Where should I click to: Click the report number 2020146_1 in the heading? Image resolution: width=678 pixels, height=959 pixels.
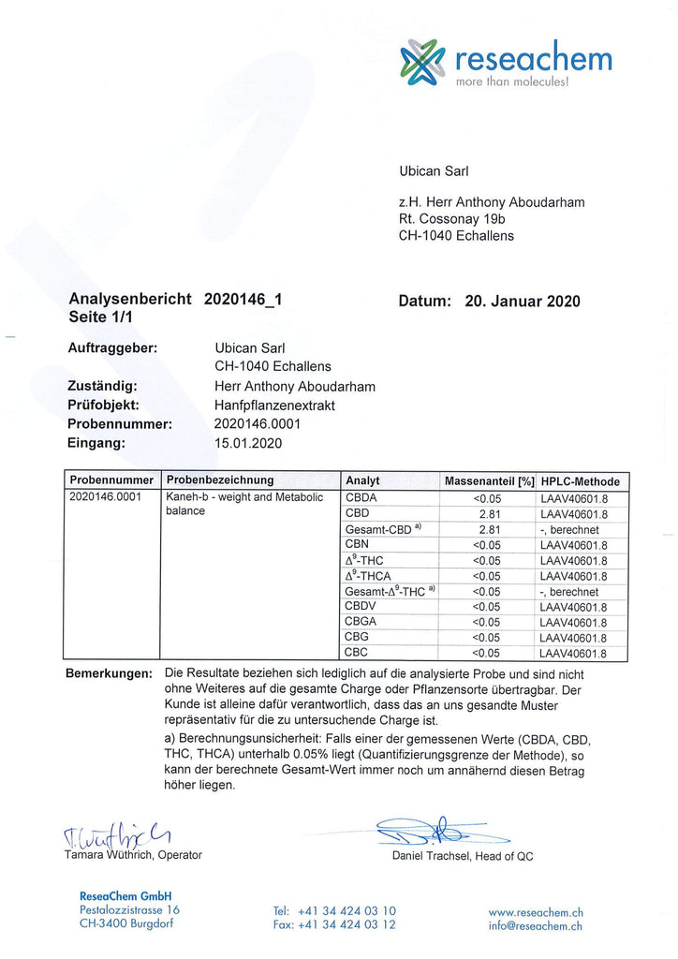tap(243, 301)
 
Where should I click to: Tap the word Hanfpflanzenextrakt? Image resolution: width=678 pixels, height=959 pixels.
tap(274, 405)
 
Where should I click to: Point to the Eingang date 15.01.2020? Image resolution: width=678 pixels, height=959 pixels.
tap(248, 443)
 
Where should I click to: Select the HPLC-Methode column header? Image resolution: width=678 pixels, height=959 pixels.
tap(580, 481)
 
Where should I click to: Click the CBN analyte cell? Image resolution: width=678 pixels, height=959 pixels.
tap(357, 543)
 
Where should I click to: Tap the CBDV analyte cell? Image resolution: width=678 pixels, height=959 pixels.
tap(360, 606)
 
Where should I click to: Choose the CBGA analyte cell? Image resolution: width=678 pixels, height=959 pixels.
tap(361, 621)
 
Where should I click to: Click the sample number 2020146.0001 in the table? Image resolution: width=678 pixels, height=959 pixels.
tap(105, 497)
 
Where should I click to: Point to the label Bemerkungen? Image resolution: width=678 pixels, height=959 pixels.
tap(109, 674)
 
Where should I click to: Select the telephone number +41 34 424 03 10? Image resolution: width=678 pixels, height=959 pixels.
tap(334, 910)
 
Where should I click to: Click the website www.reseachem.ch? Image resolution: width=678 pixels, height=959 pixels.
tap(536, 911)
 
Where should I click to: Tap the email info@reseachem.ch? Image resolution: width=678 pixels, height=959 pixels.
tap(535, 925)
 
